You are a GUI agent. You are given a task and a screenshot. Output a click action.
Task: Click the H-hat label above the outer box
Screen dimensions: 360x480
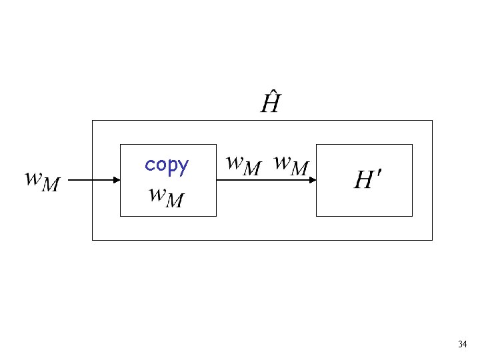(x=270, y=103)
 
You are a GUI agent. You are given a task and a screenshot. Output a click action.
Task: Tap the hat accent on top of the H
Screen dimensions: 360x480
(x=271, y=95)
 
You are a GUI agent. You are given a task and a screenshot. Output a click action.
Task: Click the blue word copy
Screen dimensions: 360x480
(x=167, y=165)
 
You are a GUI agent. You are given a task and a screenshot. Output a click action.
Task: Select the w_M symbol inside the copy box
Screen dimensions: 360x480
(x=166, y=196)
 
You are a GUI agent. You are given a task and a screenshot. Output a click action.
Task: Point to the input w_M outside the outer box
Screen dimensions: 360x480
(x=42, y=180)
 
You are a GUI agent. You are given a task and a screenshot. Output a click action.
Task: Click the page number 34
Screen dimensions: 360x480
(x=462, y=345)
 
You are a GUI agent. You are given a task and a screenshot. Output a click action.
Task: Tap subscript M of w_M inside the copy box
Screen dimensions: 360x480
(x=175, y=201)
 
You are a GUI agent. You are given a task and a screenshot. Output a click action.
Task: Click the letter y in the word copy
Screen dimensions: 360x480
(x=183, y=167)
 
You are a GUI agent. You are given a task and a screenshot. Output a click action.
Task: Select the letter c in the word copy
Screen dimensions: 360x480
(x=149, y=165)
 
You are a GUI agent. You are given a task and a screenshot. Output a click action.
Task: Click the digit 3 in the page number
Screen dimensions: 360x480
(x=460, y=345)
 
